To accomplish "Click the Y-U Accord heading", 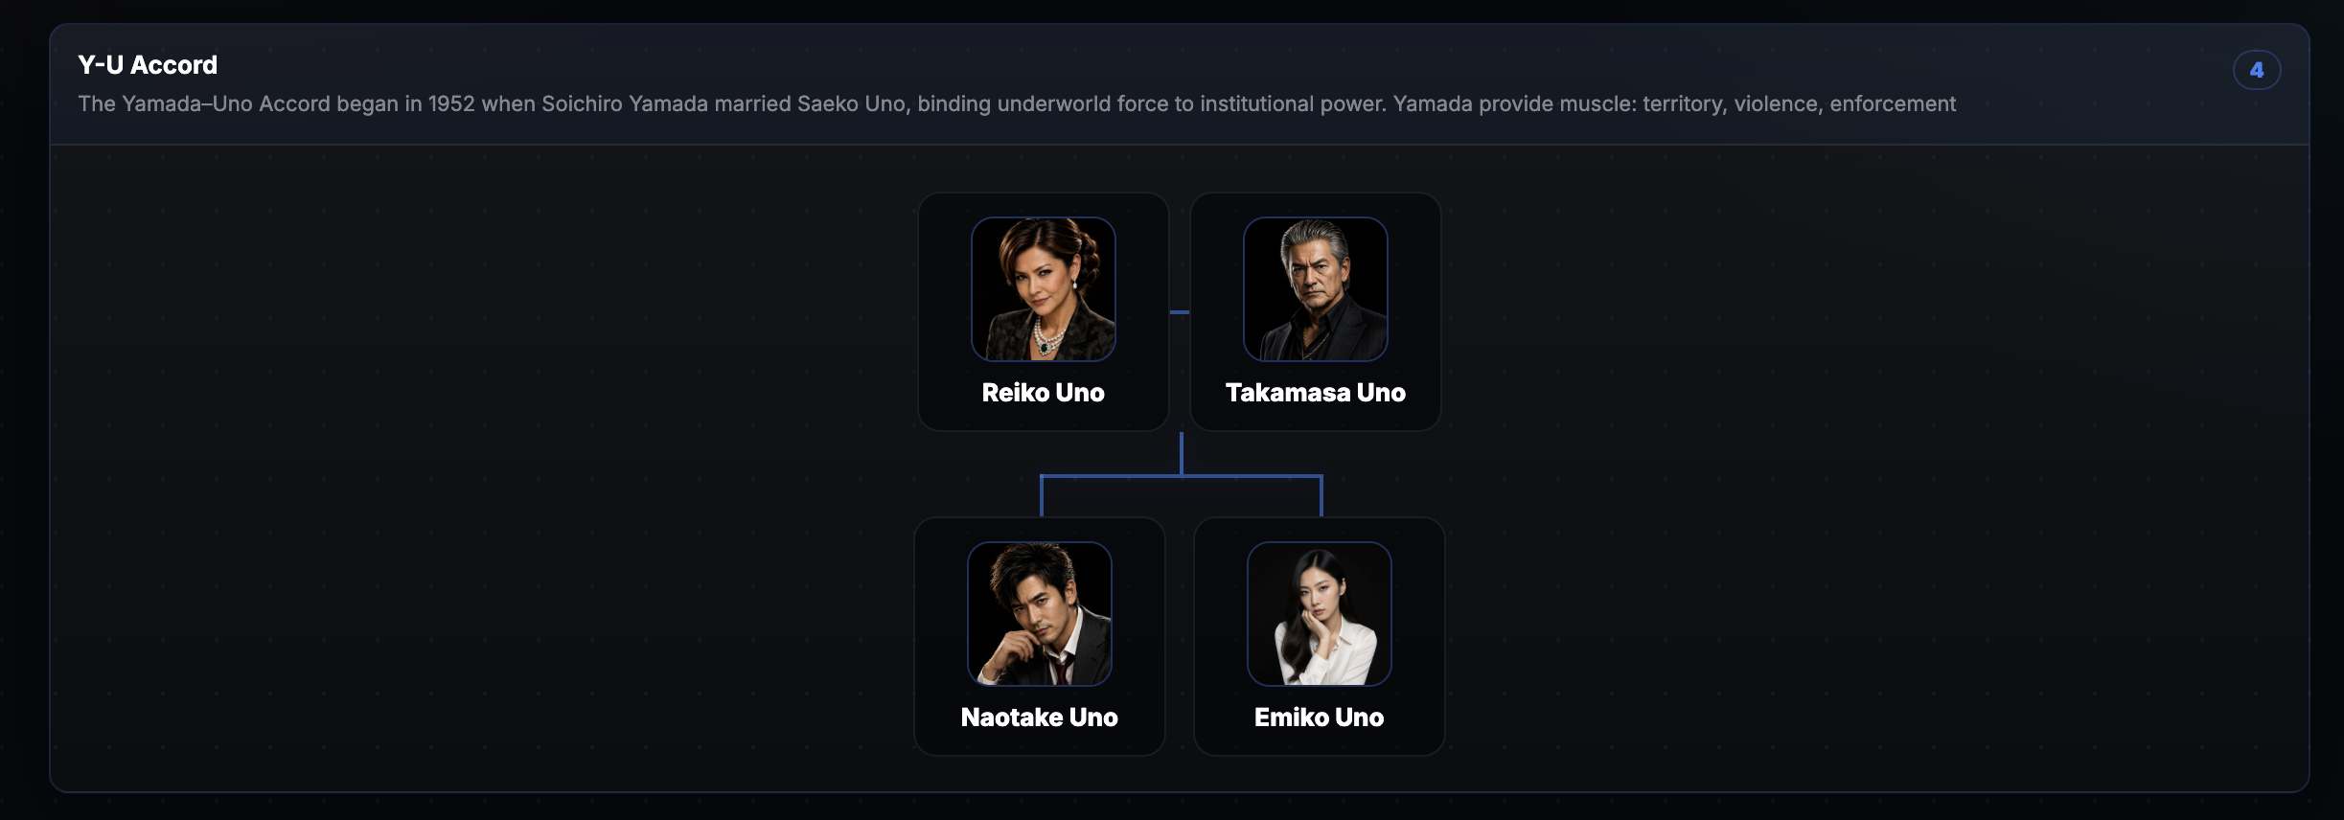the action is click(148, 65).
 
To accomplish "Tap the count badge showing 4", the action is click(2257, 70).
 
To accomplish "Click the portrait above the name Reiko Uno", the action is click(1044, 289).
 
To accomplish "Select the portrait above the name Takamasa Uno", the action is click(1316, 289).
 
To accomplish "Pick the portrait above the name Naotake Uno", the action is click(1040, 614).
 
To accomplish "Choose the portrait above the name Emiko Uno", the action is click(1320, 614).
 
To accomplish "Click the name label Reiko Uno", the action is click(1044, 393).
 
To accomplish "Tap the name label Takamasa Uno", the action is click(1316, 393).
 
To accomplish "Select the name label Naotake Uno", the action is click(1040, 717).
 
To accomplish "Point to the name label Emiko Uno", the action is click(1320, 717).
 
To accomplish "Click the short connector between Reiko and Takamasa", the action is click(1180, 312).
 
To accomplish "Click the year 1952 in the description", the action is click(451, 103).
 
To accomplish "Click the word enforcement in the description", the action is click(1893, 103).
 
